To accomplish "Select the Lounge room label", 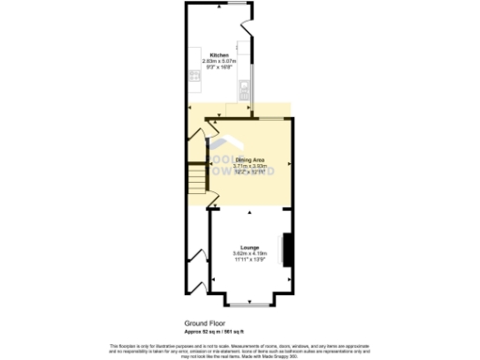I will pos(249,247).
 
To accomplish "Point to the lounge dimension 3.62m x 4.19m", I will pos(249,253).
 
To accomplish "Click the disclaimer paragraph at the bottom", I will pos(241,348).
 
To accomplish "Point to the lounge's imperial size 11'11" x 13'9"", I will pos(249,259).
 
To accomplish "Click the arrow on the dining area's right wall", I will pos(290,165).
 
